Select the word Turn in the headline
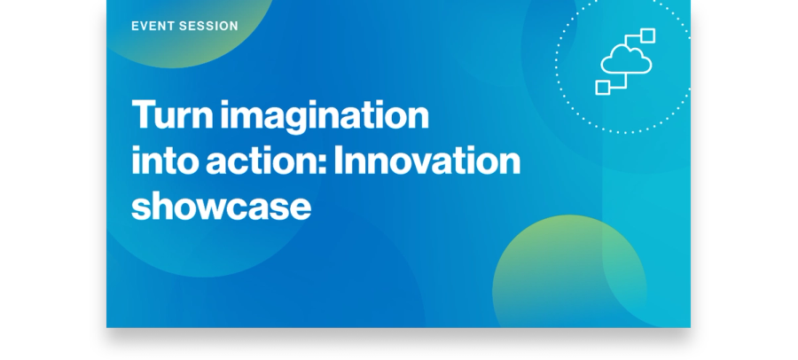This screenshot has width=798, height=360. click(x=172, y=114)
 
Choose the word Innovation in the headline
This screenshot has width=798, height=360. click(x=427, y=160)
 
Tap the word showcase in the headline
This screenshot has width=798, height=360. click(x=221, y=207)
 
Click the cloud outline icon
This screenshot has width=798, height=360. click(x=626, y=59)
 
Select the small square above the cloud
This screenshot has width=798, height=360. click(x=647, y=35)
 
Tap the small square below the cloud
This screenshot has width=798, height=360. click(x=603, y=88)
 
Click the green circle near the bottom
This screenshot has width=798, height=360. click(x=569, y=271)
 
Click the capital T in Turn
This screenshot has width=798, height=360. click(x=143, y=114)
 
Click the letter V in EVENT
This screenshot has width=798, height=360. click(x=145, y=26)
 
